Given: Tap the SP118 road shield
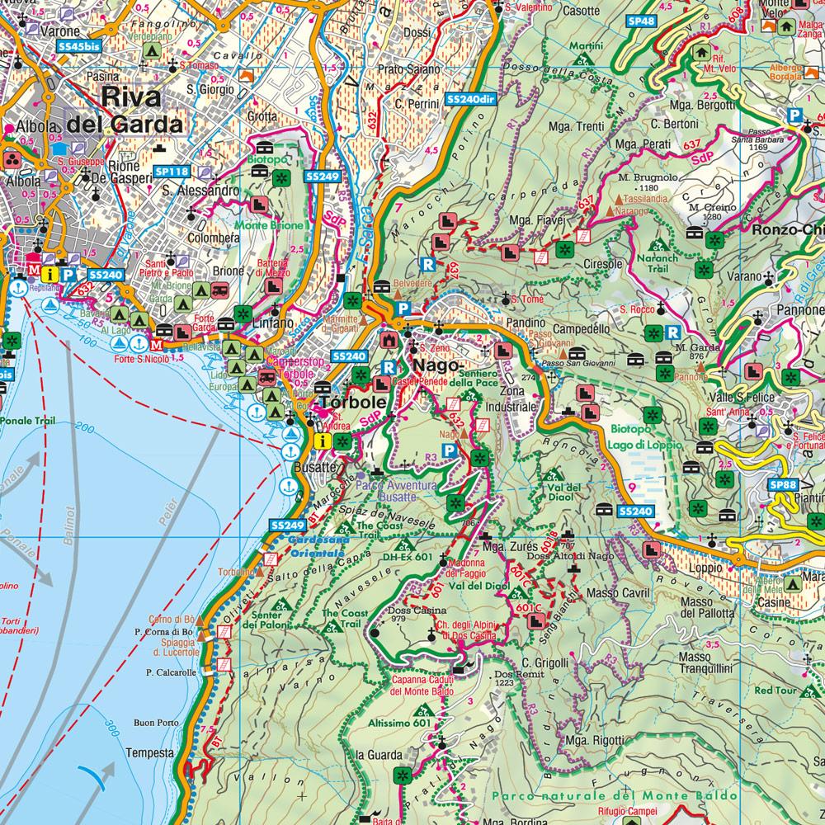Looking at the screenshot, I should click(x=172, y=172).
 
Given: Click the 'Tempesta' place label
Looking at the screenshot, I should click(x=150, y=752).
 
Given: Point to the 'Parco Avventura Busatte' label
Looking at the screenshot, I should click(x=396, y=492).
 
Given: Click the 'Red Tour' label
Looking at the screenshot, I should click(x=773, y=690).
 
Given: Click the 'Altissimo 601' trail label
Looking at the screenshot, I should click(x=401, y=724).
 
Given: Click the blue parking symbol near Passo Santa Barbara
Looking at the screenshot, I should click(x=794, y=116).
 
